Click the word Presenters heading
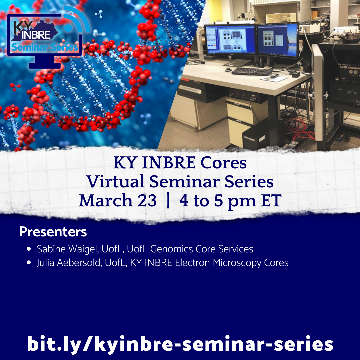tap(53, 232)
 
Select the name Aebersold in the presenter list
tap(79, 263)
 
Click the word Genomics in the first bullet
tap(171, 249)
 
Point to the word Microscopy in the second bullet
tap(237, 263)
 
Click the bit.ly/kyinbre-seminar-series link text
tap(180, 344)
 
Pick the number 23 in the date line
tap(147, 200)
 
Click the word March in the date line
tap(106, 200)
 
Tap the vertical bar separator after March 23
tap(168, 201)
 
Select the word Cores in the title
tap(223, 163)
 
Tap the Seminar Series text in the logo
tap(45, 47)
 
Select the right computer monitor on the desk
tap(278, 40)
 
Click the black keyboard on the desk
tap(252, 71)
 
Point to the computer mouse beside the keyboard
tap(274, 76)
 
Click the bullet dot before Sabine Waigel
tap(29, 249)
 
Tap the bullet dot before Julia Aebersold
tap(29, 263)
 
